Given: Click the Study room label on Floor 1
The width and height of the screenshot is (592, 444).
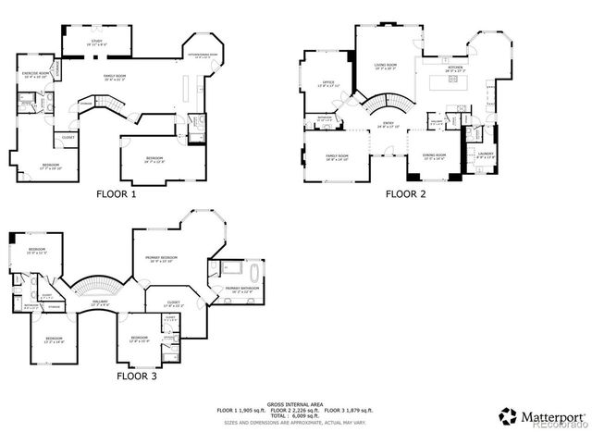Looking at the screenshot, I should tap(96, 42).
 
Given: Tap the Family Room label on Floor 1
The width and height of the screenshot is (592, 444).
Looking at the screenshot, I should tap(115, 78).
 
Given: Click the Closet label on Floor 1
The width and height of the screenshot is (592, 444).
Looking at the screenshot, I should tap(68, 138).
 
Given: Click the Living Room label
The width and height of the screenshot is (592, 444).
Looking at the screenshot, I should tap(385, 66).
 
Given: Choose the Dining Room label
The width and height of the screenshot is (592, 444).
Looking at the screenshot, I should tap(434, 155).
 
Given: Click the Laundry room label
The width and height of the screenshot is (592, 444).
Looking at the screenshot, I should tap(487, 154).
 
